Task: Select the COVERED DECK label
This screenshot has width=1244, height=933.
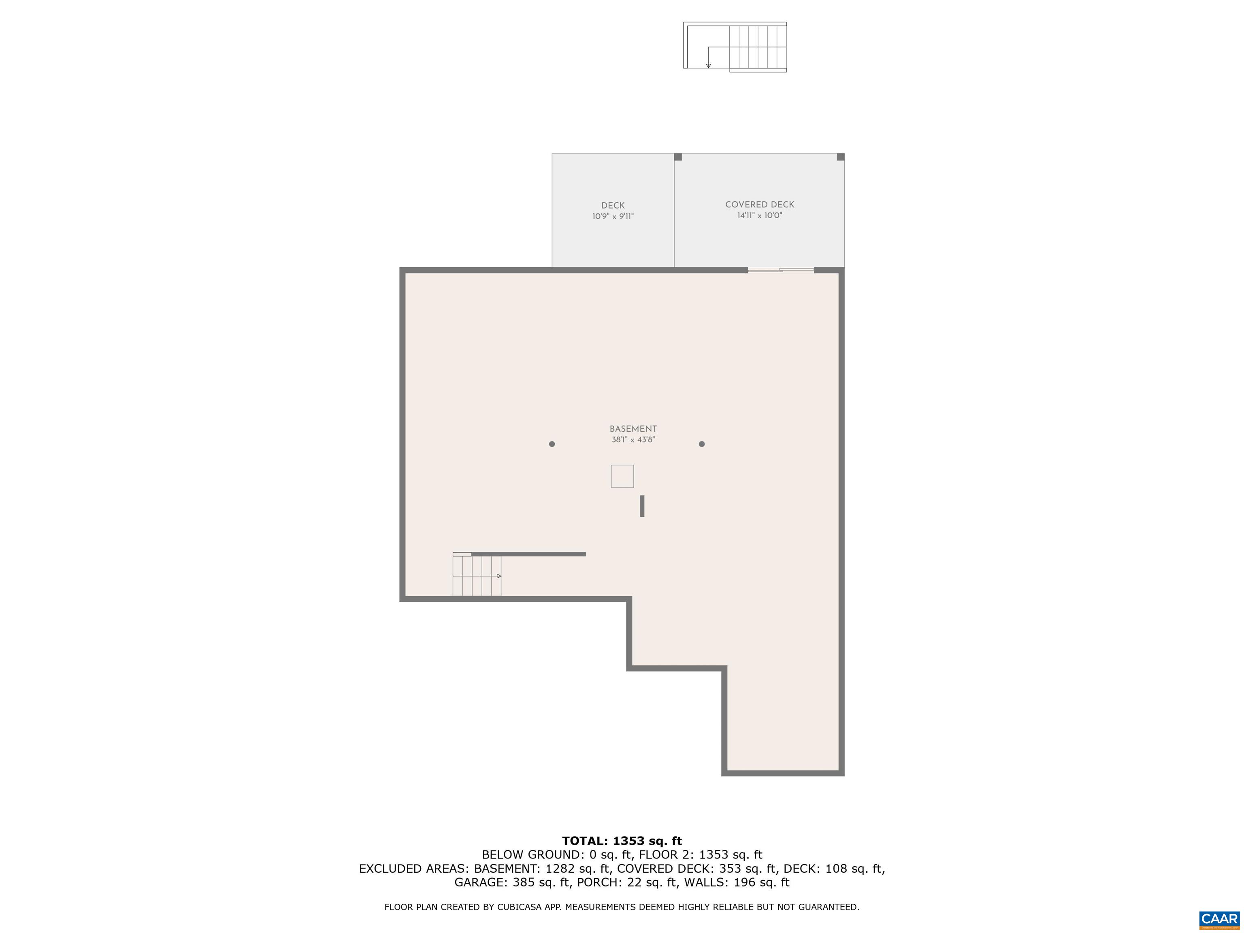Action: [759, 205]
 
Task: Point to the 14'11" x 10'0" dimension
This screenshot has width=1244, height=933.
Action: [759, 215]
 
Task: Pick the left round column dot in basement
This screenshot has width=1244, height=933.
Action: [552, 444]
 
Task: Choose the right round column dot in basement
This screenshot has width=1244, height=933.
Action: [701, 444]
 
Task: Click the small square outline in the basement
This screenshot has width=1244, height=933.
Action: [622, 476]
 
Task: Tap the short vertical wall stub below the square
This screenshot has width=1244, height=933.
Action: [642, 506]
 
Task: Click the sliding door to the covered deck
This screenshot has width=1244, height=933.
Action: [781, 271]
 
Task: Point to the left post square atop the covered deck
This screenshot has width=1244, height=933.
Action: [677, 157]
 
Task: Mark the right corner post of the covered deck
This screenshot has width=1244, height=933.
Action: [840, 157]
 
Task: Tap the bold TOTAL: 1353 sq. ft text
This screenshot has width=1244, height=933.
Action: [622, 841]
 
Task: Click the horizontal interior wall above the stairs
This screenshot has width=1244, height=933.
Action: [528, 554]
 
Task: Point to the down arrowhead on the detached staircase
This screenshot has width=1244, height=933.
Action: [708, 66]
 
